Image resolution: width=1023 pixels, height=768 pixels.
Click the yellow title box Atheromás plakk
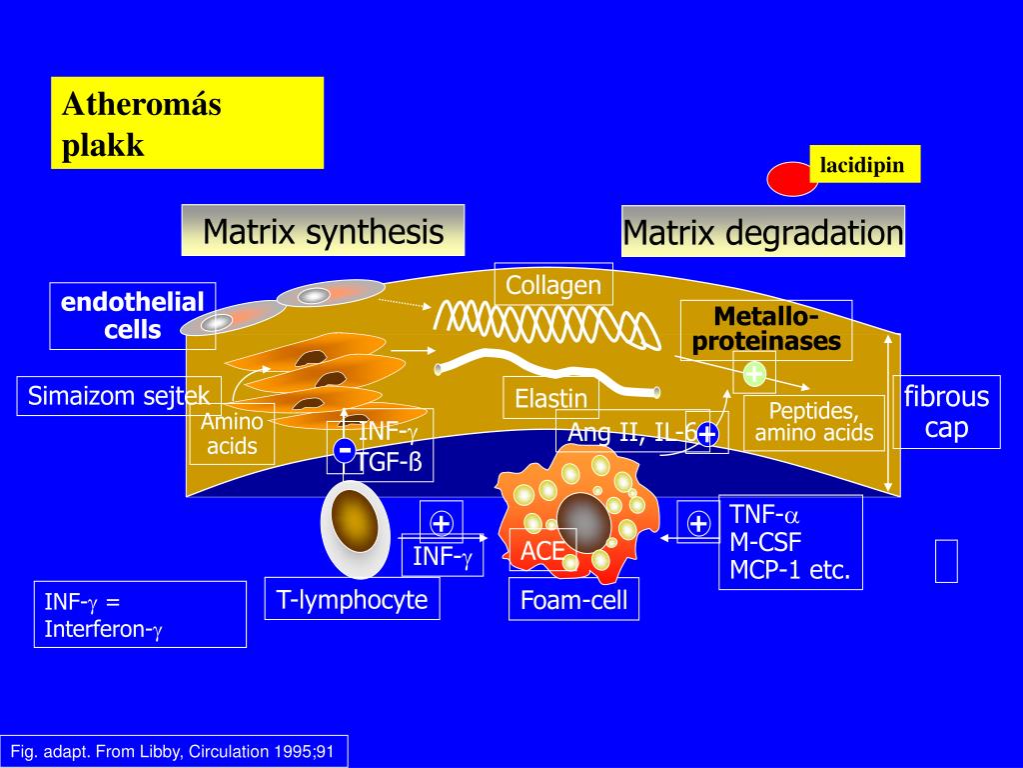[187, 122]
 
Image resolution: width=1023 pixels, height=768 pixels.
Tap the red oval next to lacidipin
[792, 177]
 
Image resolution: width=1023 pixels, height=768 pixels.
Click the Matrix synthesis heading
[323, 231]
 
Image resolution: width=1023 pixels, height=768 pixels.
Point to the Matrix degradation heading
[762, 232]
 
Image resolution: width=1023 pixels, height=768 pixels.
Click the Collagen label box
[553, 286]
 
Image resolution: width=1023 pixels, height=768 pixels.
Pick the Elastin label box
[550, 398]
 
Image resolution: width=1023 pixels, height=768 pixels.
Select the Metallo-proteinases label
[766, 330]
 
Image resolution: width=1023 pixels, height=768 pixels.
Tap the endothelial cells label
[132, 315]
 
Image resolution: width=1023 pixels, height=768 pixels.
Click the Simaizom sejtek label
[118, 396]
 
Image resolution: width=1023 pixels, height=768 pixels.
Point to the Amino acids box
[232, 434]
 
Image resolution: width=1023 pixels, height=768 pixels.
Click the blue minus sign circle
[344, 450]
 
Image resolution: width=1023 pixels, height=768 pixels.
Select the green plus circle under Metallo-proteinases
[753, 374]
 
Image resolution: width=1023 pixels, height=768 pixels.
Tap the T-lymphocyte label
[352, 599]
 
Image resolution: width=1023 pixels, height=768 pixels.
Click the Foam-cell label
[573, 600]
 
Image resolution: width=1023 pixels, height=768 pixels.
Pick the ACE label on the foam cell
[543, 550]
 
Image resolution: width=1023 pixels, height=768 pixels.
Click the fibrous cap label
[945, 413]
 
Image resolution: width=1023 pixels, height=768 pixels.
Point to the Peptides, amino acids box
[814, 423]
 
